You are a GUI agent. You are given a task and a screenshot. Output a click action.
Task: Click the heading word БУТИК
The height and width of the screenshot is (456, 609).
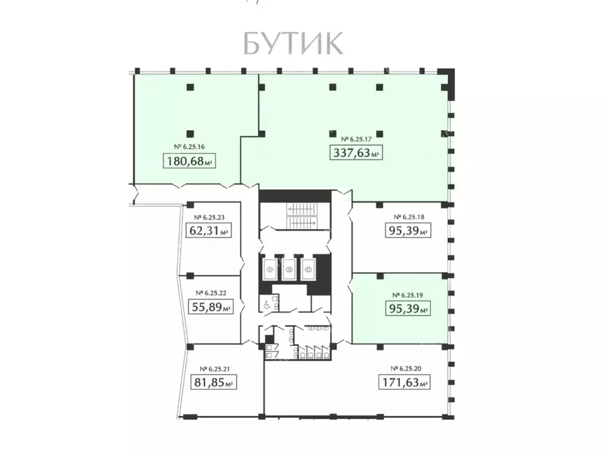tap(293, 43)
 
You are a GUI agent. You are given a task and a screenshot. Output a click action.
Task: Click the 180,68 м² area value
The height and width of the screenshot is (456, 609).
tap(189, 161)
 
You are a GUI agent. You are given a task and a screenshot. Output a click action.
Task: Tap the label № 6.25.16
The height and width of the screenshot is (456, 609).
tap(189, 146)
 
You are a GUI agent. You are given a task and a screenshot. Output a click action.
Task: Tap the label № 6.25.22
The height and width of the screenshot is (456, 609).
tap(208, 293)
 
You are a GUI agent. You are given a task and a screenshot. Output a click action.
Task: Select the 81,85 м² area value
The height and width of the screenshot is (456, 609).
tap(213, 383)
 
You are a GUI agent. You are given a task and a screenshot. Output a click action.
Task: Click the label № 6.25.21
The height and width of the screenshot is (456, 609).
tap(213, 369)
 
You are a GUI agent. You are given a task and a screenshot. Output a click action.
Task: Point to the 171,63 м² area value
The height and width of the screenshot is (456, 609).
tap(404, 383)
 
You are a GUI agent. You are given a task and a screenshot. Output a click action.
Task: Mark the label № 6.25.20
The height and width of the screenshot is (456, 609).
tap(405, 369)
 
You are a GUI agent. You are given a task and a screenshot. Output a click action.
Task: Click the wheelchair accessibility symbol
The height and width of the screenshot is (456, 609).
tap(266, 304)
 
